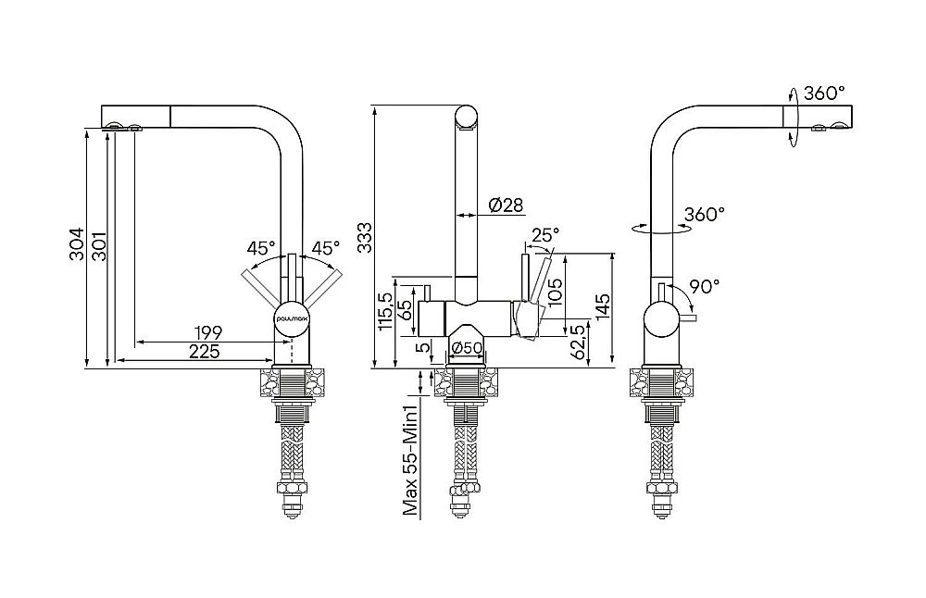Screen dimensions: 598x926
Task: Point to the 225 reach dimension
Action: point(204,351)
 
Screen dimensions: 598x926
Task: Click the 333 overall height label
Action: point(364,237)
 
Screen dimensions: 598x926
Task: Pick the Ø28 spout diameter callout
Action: point(506,205)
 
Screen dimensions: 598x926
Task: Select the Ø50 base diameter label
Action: point(468,348)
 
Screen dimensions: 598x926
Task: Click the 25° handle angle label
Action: point(544,236)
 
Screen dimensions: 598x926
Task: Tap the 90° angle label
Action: point(704,286)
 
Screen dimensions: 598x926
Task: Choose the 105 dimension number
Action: point(554,293)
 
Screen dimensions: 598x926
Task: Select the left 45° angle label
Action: point(261,248)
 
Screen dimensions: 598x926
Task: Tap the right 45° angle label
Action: point(325,248)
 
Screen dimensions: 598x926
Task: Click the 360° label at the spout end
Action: point(824,93)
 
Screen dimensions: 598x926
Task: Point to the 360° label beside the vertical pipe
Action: point(705,215)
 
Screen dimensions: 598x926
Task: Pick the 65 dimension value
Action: point(406,308)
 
